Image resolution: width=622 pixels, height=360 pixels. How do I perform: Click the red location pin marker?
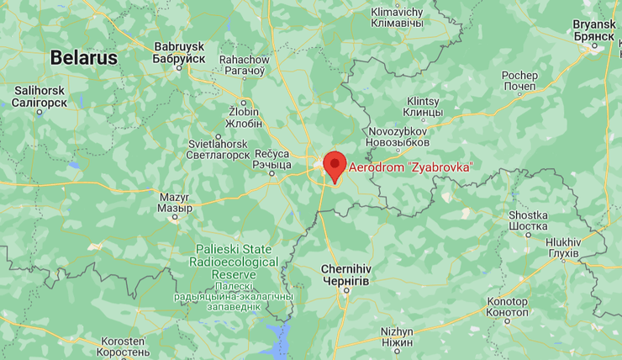pos(335,164)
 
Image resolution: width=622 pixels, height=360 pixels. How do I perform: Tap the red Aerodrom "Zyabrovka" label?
pos(410,167)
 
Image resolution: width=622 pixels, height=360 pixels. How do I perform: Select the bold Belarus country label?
pos(83,57)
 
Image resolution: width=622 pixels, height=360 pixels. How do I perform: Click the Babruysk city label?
pos(179,53)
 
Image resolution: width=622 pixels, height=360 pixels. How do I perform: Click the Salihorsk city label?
pos(40,96)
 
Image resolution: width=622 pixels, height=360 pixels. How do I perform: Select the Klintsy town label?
pos(422,105)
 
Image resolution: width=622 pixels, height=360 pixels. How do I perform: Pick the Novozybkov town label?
pos(399,137)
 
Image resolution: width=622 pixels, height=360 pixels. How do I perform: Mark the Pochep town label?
pos(519,82)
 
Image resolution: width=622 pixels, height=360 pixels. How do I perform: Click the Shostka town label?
pos(529,220)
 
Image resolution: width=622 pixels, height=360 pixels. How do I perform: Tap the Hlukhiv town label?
pos(562,246)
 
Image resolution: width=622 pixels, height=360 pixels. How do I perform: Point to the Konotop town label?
pos(508,307)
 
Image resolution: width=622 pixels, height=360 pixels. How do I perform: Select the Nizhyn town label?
pos(397,336)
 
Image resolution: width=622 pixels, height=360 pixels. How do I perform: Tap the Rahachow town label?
pos(244,65)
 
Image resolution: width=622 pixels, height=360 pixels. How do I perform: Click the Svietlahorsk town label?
pos(218,149)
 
